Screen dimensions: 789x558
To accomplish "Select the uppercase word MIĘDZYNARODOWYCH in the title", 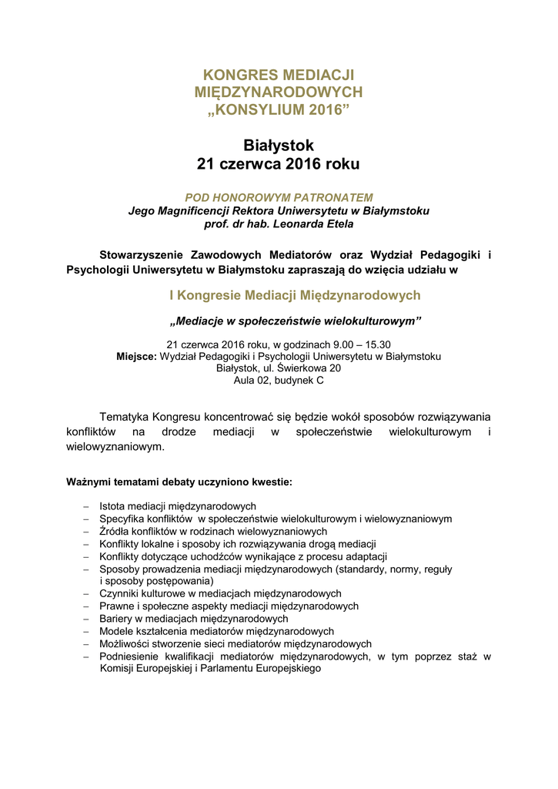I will tap(279, 92).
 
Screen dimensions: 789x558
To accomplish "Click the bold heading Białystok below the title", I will tap(279, 145).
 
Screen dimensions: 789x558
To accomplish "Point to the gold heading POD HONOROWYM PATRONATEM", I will tap(279, 197).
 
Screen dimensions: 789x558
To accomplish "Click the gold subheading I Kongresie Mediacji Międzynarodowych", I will tap(294, 295).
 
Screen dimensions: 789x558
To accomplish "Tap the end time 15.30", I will tap(376, 344).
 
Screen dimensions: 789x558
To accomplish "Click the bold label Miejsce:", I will tap(136, 356).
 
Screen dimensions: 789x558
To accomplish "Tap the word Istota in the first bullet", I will tap(113, 506).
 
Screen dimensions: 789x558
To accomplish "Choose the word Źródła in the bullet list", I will tap(115, 532).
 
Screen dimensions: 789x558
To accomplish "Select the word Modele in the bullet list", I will tap(116, 631).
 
